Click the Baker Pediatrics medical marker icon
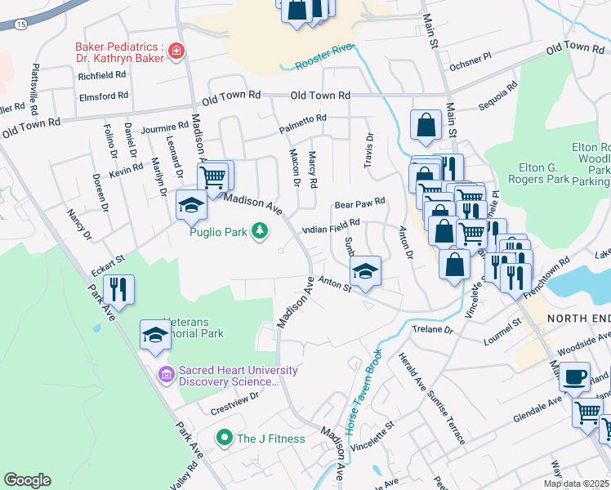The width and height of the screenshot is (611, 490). tap(175, 53)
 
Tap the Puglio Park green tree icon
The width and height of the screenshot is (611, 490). tap(260, 232)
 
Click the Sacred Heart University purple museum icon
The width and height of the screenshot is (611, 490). tap(167, 376)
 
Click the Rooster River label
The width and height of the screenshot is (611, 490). tap(323, 56)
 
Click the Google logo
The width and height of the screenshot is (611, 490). tap(27, 480)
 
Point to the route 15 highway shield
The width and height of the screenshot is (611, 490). tap(20, 25)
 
